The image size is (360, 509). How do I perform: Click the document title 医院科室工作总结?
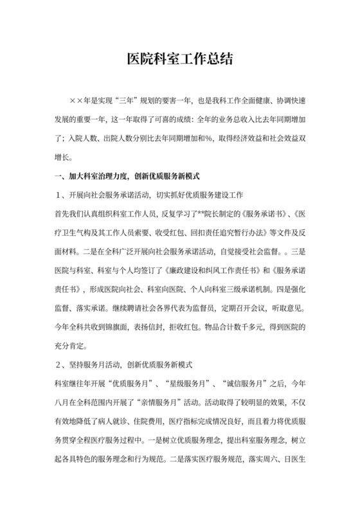(179, 60)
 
